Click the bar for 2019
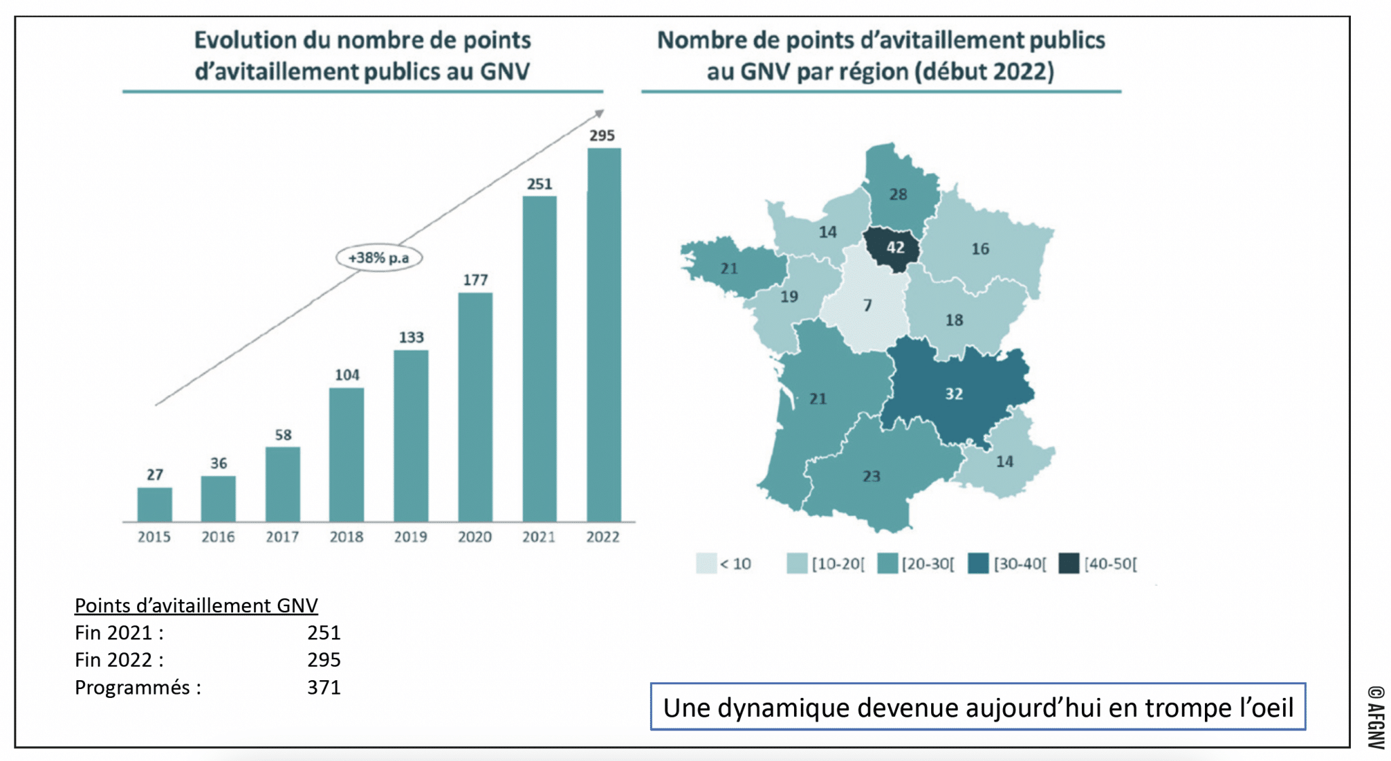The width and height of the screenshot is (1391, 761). tap(411, 435)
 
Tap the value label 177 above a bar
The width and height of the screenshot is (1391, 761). tap(475, 280)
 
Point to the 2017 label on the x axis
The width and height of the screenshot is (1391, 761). tap(282, 537)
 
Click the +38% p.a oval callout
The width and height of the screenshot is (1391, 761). tap(379, 258)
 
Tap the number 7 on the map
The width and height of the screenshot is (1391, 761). tap(867, 305)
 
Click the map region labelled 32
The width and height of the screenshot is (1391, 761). tap(954, 394)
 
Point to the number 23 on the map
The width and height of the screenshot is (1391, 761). tap(871, 477)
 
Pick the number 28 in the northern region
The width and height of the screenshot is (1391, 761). tap(898, 195)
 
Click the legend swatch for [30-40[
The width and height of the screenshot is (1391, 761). tap(978, 563)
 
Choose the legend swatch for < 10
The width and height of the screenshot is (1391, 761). tap(706, 563)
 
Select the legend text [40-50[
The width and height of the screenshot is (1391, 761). tap(1110, 563)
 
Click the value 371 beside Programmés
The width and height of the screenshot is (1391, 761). tap(323, 688)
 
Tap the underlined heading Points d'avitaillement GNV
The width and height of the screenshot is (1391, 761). tap(196, 605)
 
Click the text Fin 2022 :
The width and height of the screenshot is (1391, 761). tap(119, 660)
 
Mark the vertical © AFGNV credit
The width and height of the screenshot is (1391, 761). tap(1376, 717)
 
